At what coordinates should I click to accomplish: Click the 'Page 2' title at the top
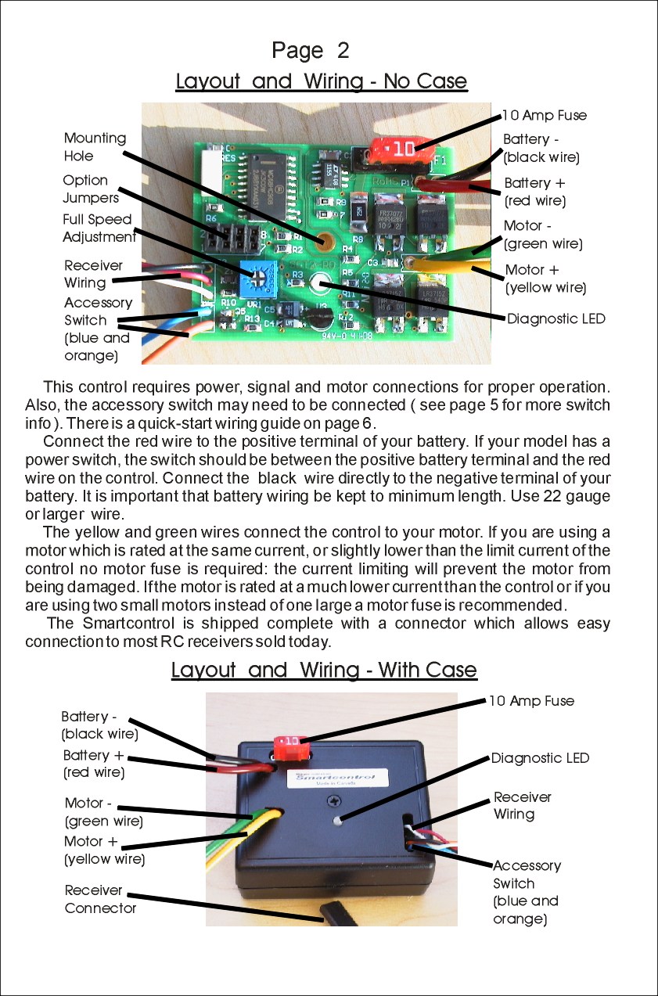[x=310, y=51]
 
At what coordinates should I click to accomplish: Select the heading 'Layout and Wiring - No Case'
[x=321, y=81]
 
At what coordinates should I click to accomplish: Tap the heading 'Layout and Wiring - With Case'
[x=323, y=671]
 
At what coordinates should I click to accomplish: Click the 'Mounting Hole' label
[x=95, y=146]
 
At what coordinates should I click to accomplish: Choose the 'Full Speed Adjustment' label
[x=98, y=228]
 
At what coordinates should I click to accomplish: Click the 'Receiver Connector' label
[x=100, y=899]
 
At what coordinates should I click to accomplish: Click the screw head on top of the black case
[x=332, y=801]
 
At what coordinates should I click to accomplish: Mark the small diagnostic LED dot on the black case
[x=336, y=821]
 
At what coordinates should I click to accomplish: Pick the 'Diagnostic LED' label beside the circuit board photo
[x=556, y=318]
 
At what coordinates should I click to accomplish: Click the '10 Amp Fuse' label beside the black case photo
[x=531, y=701]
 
